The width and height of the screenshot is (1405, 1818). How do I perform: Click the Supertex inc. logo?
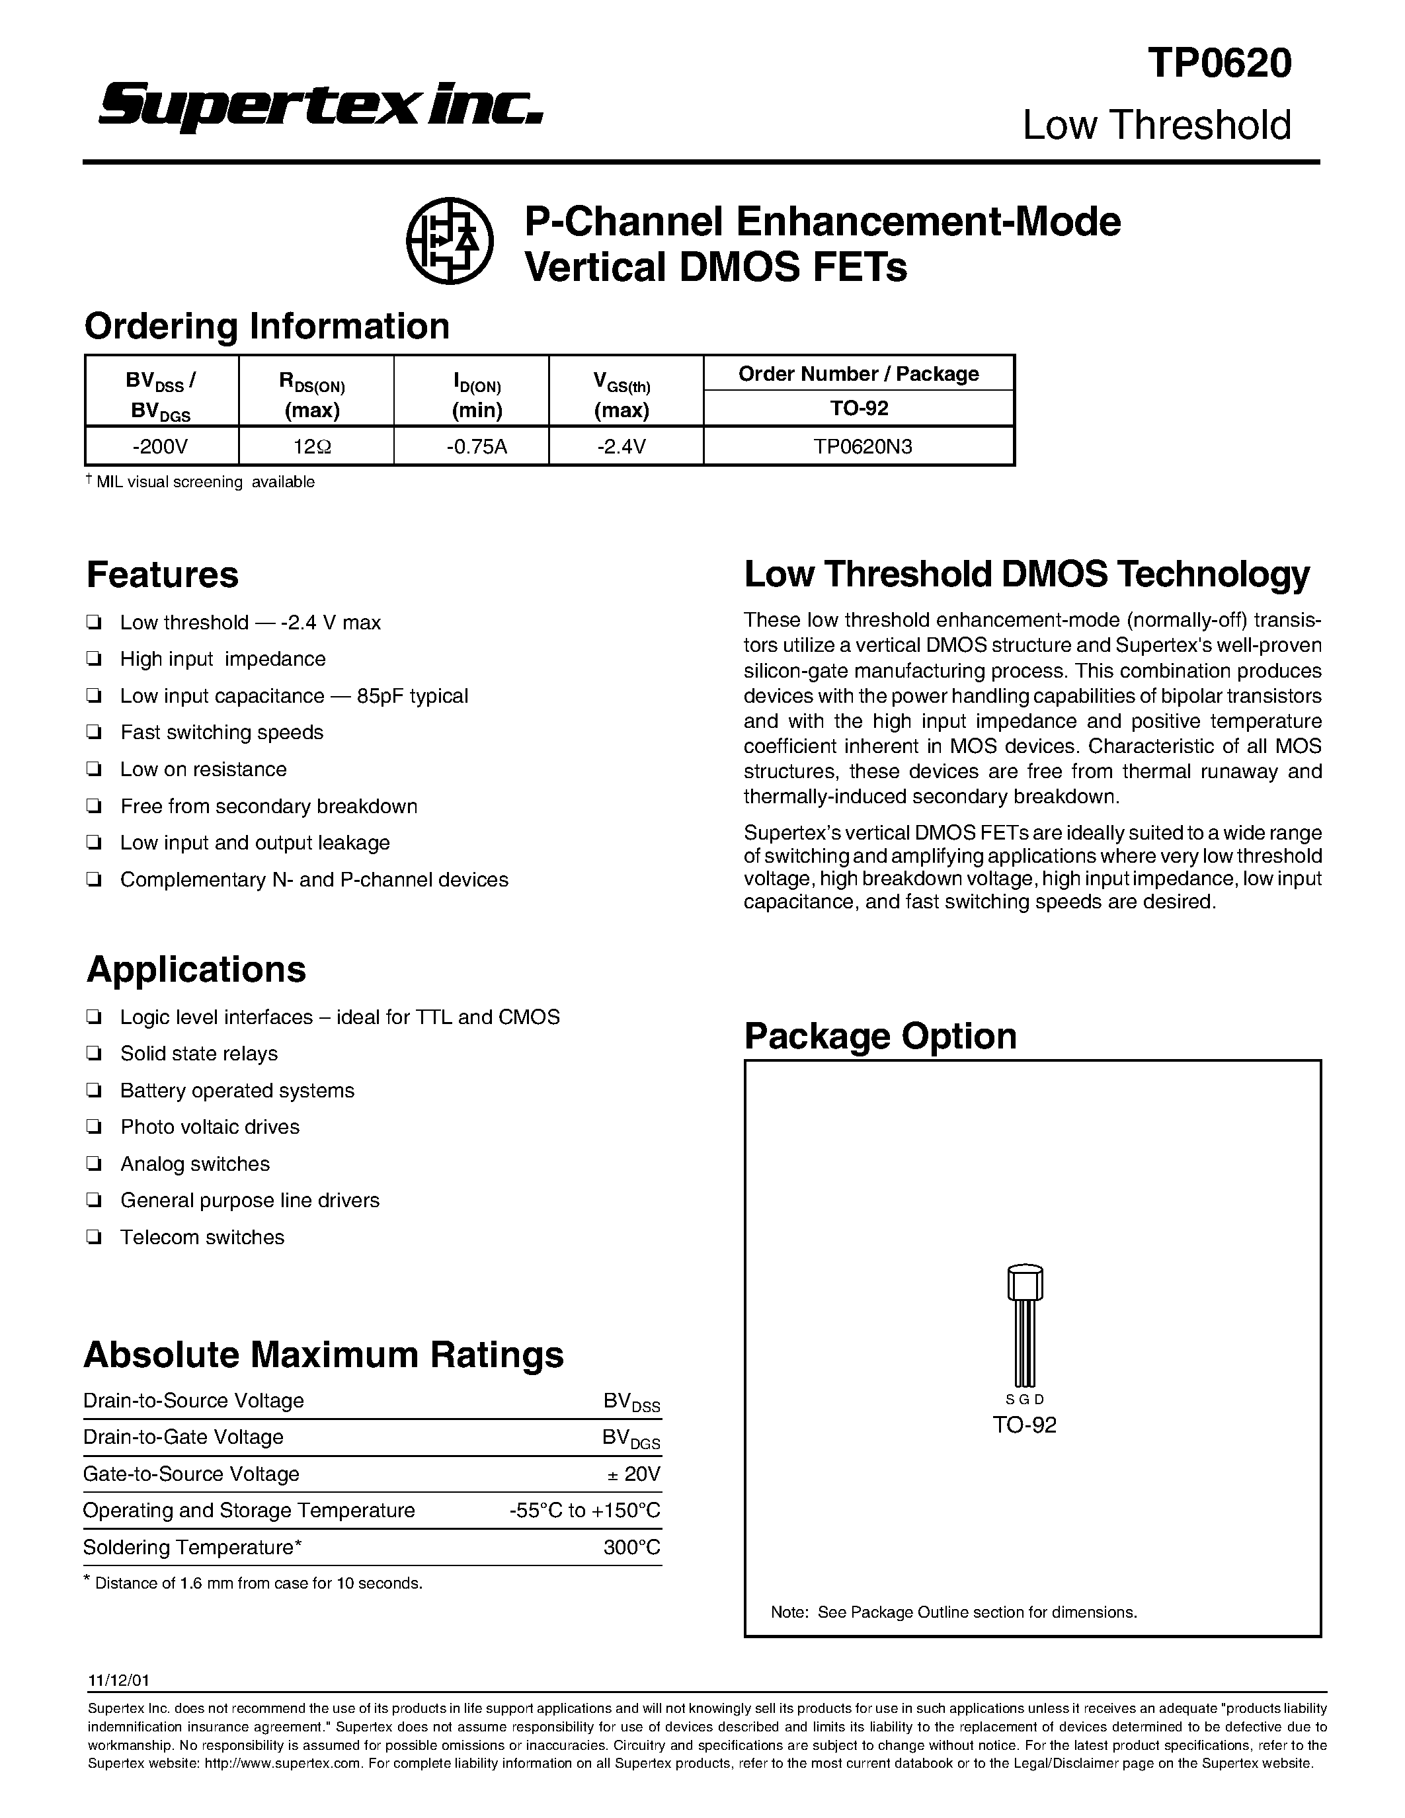coord(321,106)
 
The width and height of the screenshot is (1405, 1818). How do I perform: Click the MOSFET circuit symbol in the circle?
coord(450,241)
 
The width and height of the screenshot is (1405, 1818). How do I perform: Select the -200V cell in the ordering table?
coord(161,447)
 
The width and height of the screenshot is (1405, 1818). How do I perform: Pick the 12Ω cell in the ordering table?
coord(315,447)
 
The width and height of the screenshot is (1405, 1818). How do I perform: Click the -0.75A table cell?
coord(471,447)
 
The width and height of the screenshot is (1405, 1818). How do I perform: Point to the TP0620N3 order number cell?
coord(858,447)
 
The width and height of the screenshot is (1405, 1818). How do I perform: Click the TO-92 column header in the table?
coord(858,408)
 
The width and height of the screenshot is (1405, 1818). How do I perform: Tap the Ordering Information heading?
coord(266,325)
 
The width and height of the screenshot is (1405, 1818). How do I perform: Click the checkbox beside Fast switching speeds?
coord(94,732)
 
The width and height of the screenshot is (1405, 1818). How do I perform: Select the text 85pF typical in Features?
coord(412,696)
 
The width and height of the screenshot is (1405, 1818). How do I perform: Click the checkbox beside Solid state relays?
coord(94,1054)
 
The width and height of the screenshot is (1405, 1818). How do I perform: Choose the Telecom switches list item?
coord(202,1237)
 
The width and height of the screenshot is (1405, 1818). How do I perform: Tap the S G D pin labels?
coord(1025,1400)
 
